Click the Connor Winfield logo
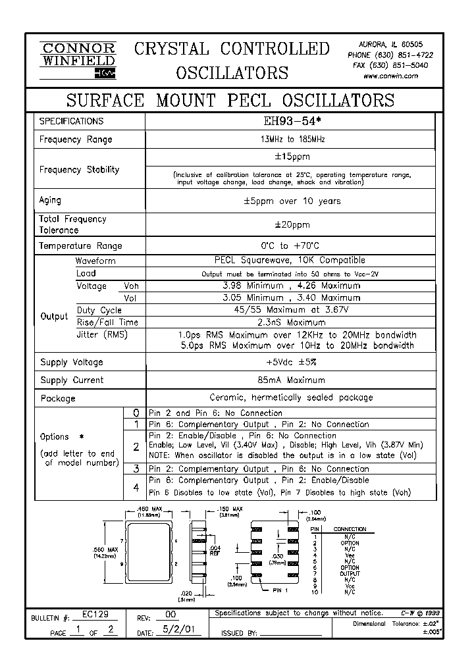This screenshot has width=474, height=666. (78, 60)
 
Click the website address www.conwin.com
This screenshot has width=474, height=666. (390, 76)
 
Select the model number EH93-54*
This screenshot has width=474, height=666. (290, 121)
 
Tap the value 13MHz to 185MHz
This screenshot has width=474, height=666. (290, 140)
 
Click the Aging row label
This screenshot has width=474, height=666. (51, 201)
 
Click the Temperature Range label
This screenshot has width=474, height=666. (80, 245)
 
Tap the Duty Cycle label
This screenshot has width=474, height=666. (99, 310)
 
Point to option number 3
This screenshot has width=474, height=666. (136, 469)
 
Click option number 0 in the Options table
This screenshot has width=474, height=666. (136, 413)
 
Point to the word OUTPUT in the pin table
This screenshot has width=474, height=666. (350, 573)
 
